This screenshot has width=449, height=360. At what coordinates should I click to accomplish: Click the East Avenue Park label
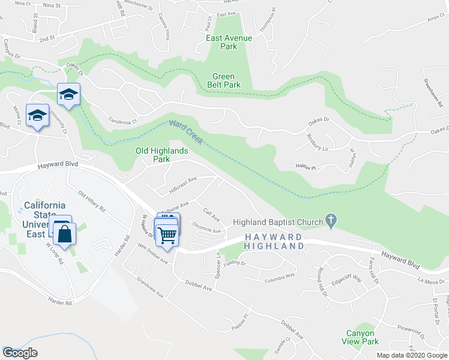pyautogui.click(x=229, y=42)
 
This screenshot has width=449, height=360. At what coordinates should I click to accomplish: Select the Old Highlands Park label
pyautogui.click(x=161, y=155)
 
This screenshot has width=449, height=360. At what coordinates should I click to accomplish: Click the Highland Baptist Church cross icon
pyautogui.click(x=331, y=221)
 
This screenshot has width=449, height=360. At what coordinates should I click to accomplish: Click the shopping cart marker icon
pyautogui.click(x=167, y=234)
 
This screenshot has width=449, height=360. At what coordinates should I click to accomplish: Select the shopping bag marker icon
pyautogui.click(x=66, y=233)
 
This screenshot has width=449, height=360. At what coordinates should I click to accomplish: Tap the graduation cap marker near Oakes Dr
pyautogui.click(x=69, y=94)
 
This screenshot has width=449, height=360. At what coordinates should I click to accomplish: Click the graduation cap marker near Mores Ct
pyautogui.click(x=38, y=115)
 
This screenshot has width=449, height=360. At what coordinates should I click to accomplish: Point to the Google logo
pyautogui.click(x=20, y=353)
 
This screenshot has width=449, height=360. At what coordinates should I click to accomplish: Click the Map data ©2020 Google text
pyautogui.click(x=412, y=355)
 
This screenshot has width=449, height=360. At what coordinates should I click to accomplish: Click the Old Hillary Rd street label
pyautogui.click(x=92, y=201)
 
